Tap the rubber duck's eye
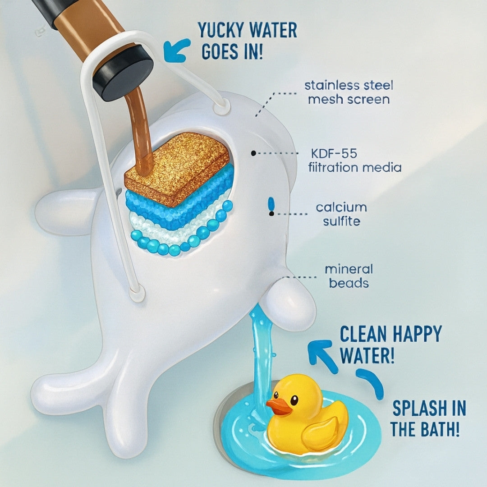click(294, 399)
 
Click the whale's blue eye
click(271, 203)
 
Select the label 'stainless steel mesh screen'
click(349, 92)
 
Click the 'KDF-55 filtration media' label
click(354, 161)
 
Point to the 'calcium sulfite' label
click(341, 214)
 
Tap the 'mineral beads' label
click(349, 276)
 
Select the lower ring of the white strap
click(137, 294)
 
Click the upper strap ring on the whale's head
click(221, 107)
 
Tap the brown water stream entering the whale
click(140, 131)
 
